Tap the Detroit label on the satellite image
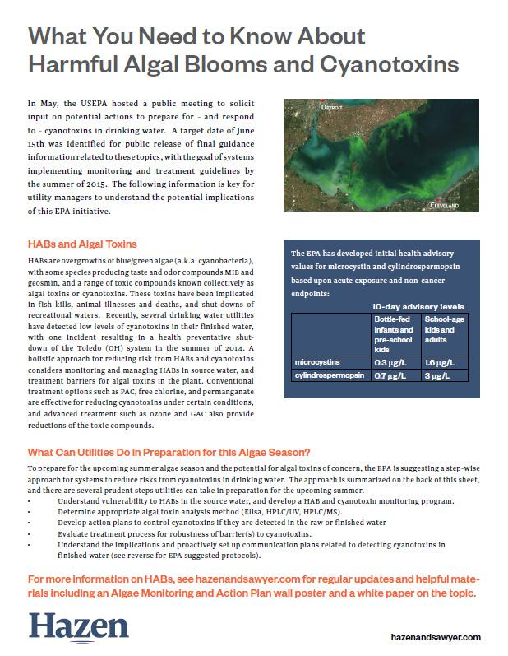[x=333, y=107]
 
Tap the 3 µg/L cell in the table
[x=433, y=375]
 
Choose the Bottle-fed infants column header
[x=393, y=328]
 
